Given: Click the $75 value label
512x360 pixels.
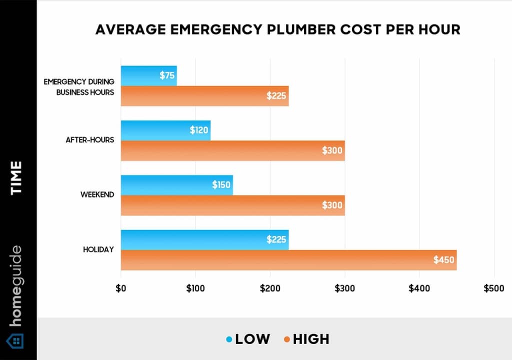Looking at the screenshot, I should (x=167, y=75).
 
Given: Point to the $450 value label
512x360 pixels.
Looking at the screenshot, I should (x=444, y=260).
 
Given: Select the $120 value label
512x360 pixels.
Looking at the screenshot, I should (x=199, y=130).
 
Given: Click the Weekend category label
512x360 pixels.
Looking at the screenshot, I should (x=97, y=194).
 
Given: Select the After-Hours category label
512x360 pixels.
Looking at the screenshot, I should (x=90, y=140).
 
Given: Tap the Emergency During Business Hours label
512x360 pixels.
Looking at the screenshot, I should (x=78, y=86).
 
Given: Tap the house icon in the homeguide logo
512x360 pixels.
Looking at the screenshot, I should (x=17, y=341).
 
